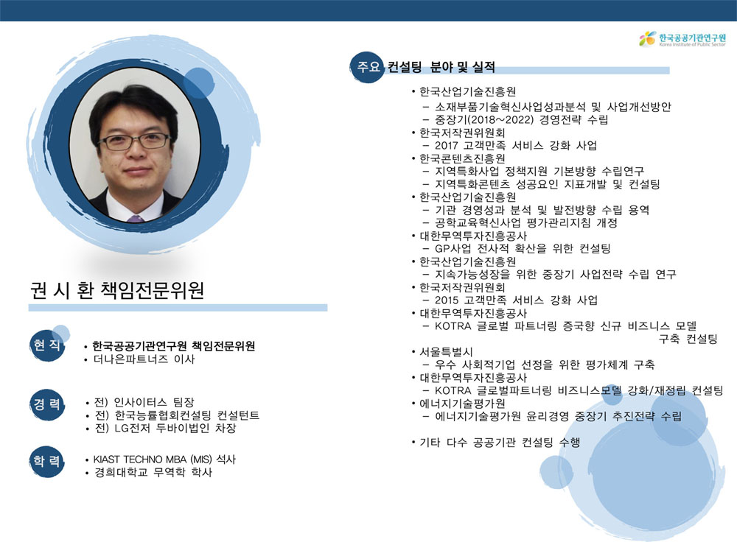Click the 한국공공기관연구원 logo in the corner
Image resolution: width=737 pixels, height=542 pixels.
[x=682, y=38]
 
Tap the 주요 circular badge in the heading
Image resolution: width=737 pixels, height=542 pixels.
[x=367, y=67]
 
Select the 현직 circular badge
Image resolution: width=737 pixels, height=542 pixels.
[x=47, y=345]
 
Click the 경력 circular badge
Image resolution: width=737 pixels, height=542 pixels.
[x=47, y=404]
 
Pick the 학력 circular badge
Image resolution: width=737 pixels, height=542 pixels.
[x=47, y=461]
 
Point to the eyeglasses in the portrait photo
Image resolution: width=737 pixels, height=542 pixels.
[x=134, y=141]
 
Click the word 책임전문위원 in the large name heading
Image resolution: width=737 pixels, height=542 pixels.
[x=153, y=290]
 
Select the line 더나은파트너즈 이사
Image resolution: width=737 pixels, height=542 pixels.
[x=144, y=359]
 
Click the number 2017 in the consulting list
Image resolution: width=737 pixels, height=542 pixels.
[x=446, y=146]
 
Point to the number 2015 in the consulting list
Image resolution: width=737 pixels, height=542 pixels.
[x=446, y=300]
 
